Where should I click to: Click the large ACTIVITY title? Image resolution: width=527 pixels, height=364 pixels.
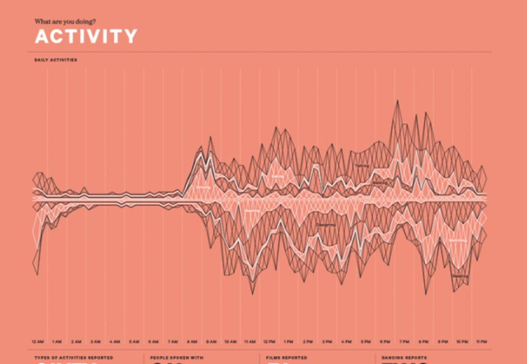85,36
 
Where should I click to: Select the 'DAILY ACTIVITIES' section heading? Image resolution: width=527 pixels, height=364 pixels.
56,60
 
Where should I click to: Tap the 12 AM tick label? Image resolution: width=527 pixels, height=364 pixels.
38,342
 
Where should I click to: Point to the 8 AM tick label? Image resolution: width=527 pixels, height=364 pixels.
192,342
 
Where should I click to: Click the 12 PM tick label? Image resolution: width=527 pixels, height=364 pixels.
269,342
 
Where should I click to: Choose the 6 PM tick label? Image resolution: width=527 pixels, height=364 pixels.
385,342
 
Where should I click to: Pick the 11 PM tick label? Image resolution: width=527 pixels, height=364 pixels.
481,342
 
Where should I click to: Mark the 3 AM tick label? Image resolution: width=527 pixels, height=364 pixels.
95,342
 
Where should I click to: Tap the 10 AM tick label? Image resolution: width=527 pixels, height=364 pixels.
230,342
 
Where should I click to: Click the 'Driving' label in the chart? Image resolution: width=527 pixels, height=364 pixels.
203,188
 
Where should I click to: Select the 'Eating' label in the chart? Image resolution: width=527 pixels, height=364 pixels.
277,176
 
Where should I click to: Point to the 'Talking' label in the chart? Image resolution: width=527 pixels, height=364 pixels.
362,165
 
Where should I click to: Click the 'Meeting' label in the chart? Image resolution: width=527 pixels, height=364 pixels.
252,210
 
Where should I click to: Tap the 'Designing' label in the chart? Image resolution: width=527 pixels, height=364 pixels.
326,224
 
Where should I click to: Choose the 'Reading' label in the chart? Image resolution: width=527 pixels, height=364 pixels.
460,276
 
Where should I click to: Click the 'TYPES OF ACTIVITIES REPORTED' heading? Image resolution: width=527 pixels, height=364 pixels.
73,358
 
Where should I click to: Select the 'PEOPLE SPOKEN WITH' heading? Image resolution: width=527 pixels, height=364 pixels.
176,358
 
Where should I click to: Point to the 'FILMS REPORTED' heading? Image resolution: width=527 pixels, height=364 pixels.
286,358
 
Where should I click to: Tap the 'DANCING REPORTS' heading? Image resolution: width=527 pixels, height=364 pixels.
404,358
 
